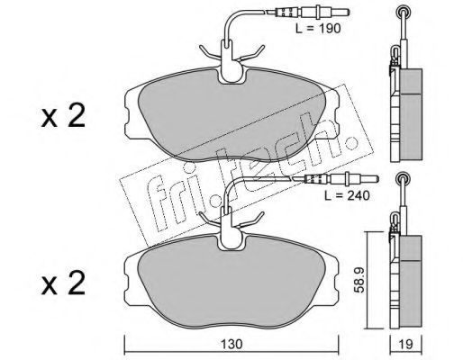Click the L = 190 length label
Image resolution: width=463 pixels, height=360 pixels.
(318, 29)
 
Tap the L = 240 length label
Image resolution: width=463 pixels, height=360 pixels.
(347, 195)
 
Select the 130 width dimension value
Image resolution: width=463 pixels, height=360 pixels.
(231, 344)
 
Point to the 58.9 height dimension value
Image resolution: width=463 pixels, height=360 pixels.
(359, 280)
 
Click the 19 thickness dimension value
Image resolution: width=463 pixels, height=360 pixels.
(406, 344)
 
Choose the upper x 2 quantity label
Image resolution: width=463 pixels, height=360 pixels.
(63, 115)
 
